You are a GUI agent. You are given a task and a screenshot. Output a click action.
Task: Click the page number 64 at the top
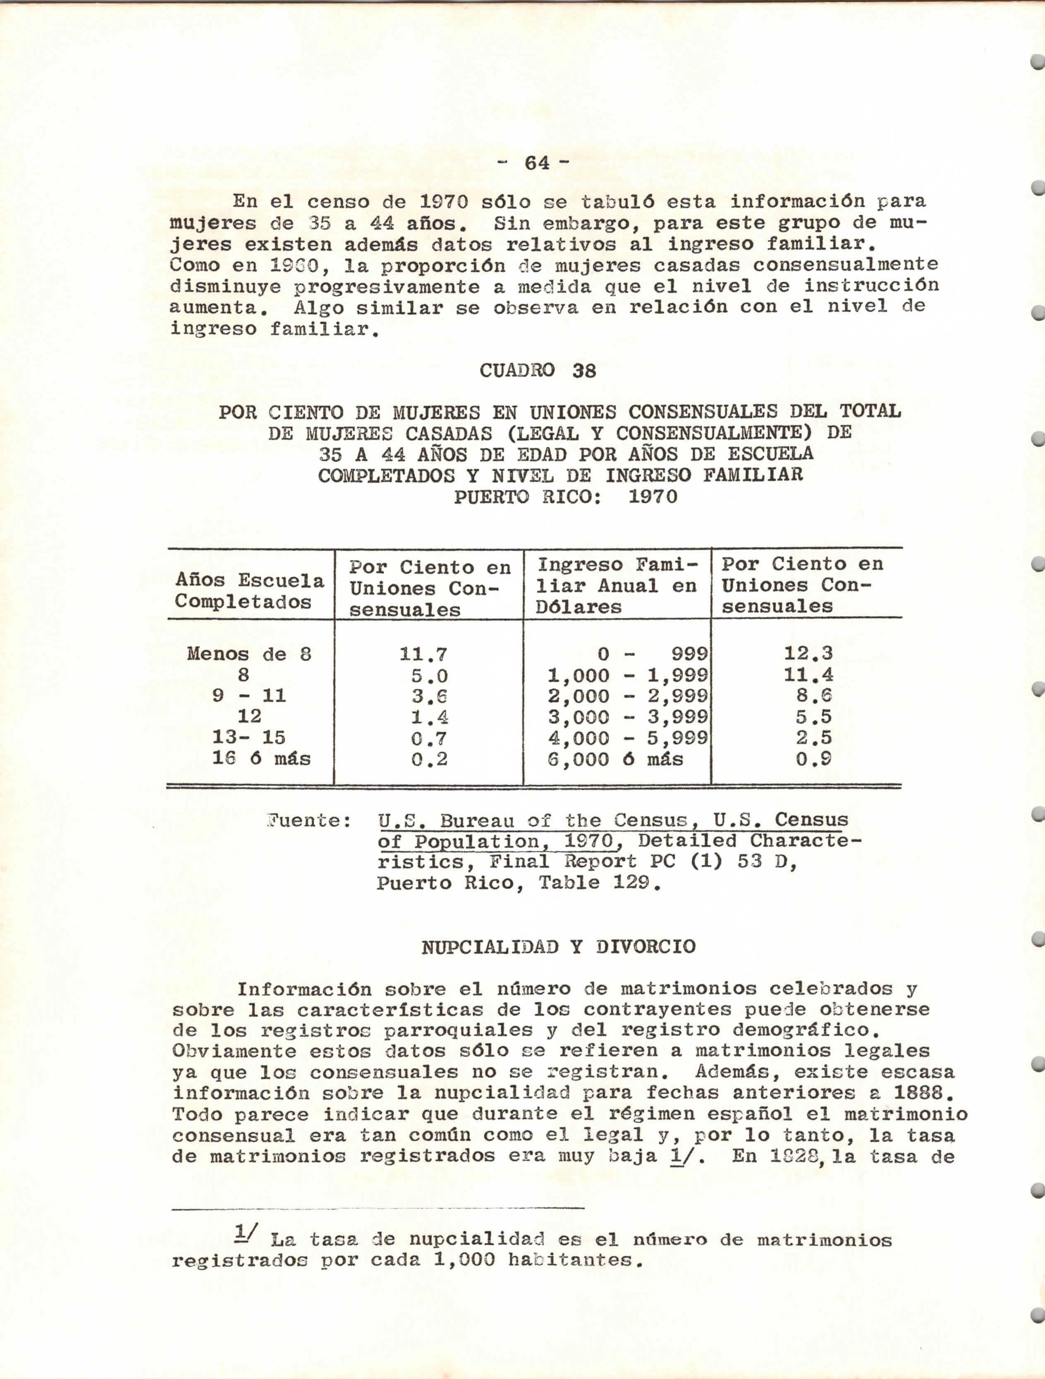(537, 163)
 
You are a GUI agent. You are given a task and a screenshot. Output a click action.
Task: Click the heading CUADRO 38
(537, 371)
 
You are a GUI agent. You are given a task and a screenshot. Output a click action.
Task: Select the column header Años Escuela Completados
(249, 591)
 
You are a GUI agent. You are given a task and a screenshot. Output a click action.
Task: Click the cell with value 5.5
(813, 717)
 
